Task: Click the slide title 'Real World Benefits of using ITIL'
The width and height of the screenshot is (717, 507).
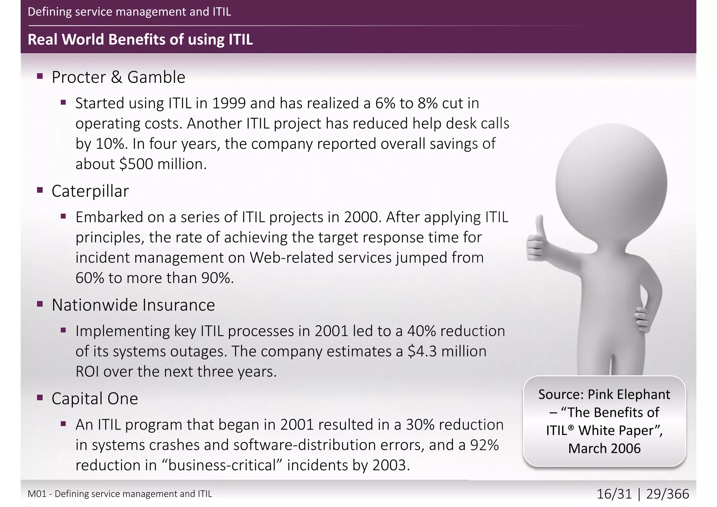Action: (140, 40)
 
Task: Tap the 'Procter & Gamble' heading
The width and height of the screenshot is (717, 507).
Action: (118, 77)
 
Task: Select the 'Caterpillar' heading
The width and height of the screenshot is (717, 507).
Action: (90, 191)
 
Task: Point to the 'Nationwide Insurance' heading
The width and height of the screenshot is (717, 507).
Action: (133, 305)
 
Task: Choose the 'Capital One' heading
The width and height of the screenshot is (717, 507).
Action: (95, 398)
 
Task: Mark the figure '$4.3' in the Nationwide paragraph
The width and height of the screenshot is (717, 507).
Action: (423, 351)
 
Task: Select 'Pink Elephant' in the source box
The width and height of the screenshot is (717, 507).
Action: (628, 394)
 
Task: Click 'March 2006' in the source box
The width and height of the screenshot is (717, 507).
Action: (604, 449)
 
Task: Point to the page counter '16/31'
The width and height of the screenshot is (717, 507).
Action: (614, 494)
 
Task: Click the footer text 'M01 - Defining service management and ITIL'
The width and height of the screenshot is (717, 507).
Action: (120, 494)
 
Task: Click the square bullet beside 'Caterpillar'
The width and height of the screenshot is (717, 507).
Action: (40, 190)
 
